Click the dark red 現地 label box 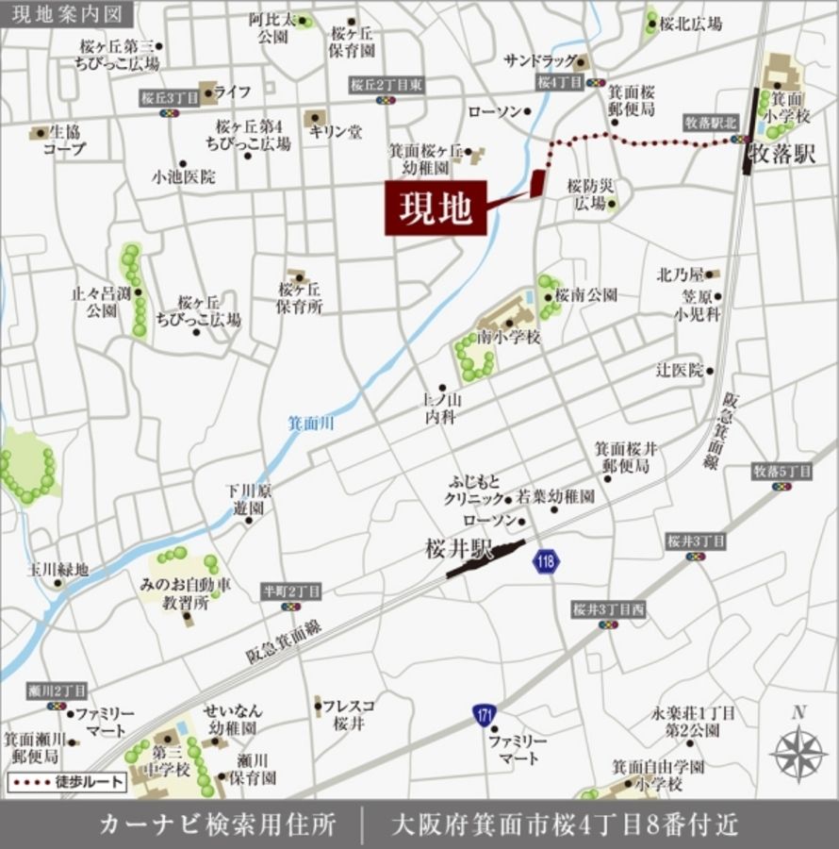[435, 208]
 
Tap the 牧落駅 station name [781, 155]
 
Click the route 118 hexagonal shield [546, 562]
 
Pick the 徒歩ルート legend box [66, 781]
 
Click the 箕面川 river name [310, 424]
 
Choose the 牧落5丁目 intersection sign [781, 471]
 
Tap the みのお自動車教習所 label [185, 593]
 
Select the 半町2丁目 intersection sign [291, 591]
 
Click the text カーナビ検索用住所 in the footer [218, 824]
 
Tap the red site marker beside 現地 [537, 183]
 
